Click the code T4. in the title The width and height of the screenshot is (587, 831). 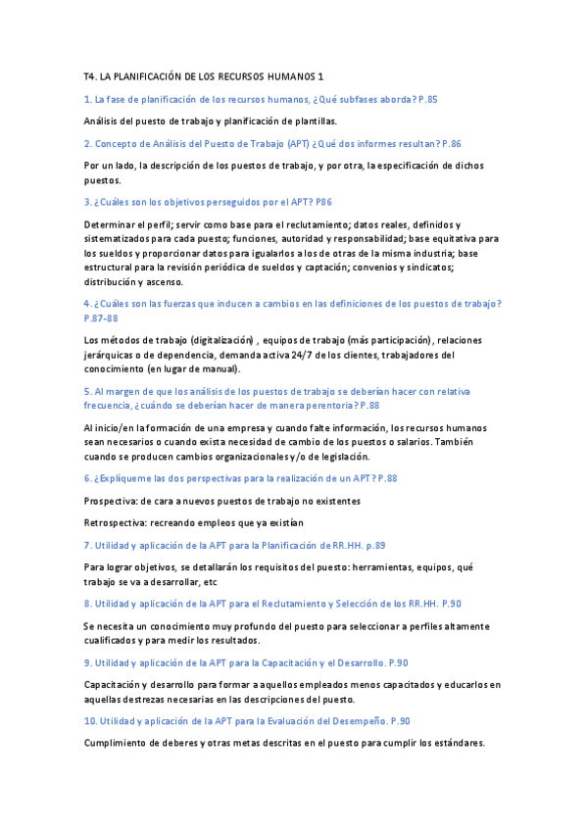tap(91, 75)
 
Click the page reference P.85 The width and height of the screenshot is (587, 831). tap(426, 99)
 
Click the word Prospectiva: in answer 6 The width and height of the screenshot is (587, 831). tap(112, 500)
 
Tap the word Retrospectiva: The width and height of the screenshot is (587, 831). tap(117, 522)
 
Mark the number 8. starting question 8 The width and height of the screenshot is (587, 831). tap(88, 604)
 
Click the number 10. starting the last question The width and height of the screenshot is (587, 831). tap(91, 720)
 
